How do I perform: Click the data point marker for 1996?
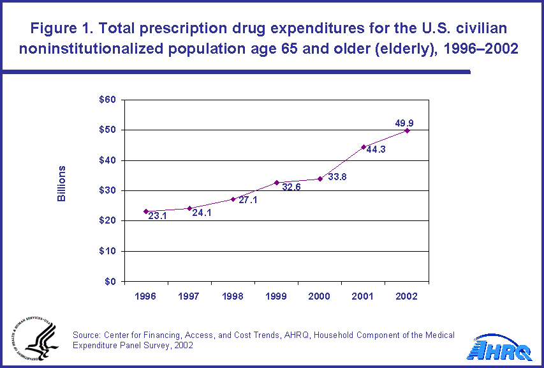pos(146,211)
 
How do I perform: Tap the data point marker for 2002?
pos(407,130)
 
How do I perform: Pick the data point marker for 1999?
pos(276,183)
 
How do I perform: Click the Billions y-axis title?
pos(62,184)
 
